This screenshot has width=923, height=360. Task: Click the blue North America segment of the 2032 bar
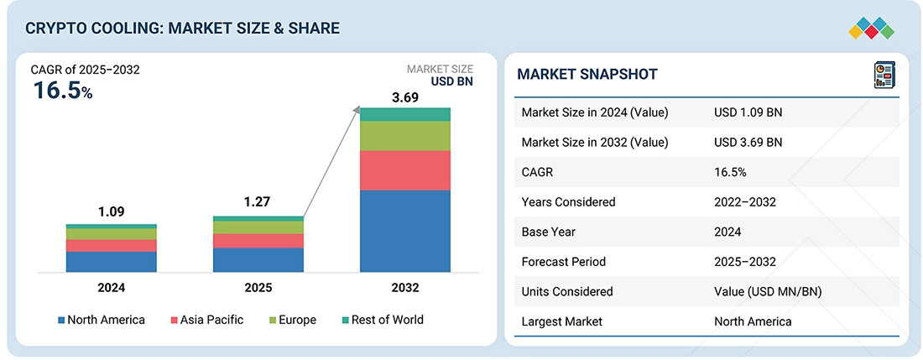click(405, 231)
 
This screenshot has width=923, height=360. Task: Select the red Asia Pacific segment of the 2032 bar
click(405, 170)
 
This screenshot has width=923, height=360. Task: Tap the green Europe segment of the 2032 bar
click(405, 135)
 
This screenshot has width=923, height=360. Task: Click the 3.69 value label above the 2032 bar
click(405, 97)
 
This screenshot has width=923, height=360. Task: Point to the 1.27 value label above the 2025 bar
click(258, 201)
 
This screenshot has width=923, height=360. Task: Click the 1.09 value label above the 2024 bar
click(111, 211)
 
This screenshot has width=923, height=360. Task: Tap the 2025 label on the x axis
click(258, 288)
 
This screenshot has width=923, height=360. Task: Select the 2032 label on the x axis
click(405, 288)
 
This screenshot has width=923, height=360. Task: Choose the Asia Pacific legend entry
click(208, 320)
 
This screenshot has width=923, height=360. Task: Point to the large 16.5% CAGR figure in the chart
click(62, 91)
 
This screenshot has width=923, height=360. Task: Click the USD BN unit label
click(452, 82)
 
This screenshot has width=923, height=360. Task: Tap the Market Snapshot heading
click(587, 74)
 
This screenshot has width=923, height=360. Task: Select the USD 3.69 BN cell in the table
click(748, 143)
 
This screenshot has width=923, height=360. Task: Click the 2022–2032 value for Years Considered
click(745, 202)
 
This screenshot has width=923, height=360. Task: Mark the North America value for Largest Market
click(753, 321)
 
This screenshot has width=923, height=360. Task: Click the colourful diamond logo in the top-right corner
click(872, 27)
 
